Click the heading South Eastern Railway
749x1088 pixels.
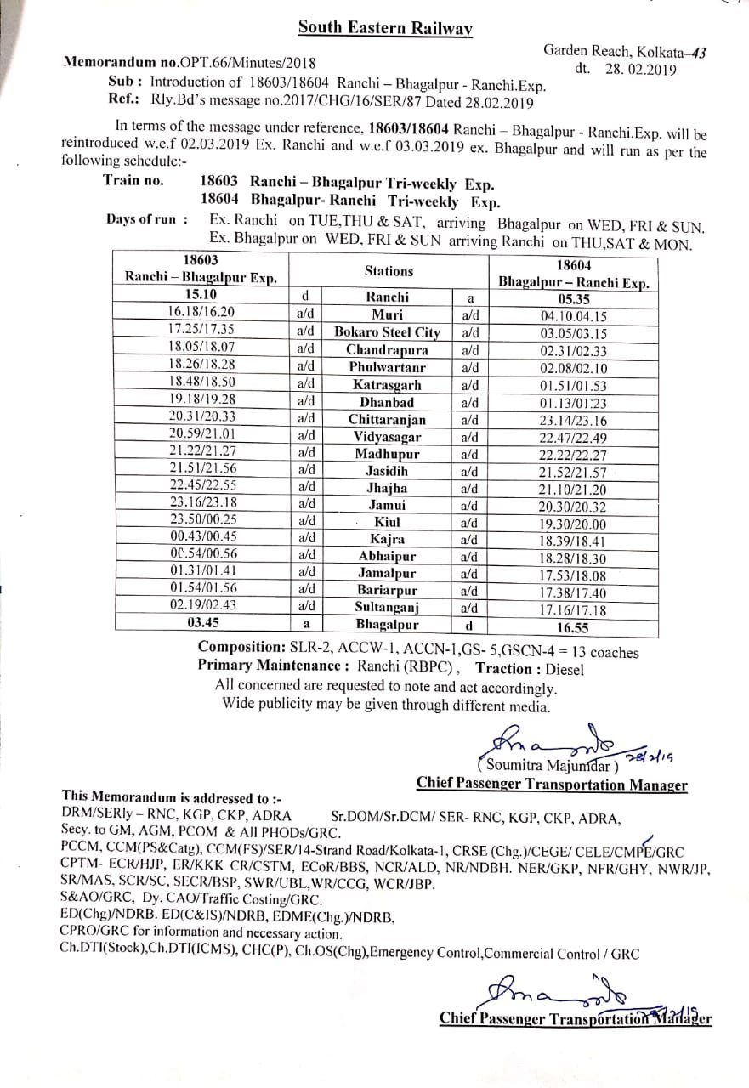[385, 28]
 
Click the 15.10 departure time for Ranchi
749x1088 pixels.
[201, 295]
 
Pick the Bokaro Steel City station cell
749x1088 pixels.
[387, 331]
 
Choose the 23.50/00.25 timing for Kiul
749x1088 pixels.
[202, 518]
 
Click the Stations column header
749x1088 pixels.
[389, 271]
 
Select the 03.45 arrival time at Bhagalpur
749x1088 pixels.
[201, 621]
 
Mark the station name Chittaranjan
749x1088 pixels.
[387, 419]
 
